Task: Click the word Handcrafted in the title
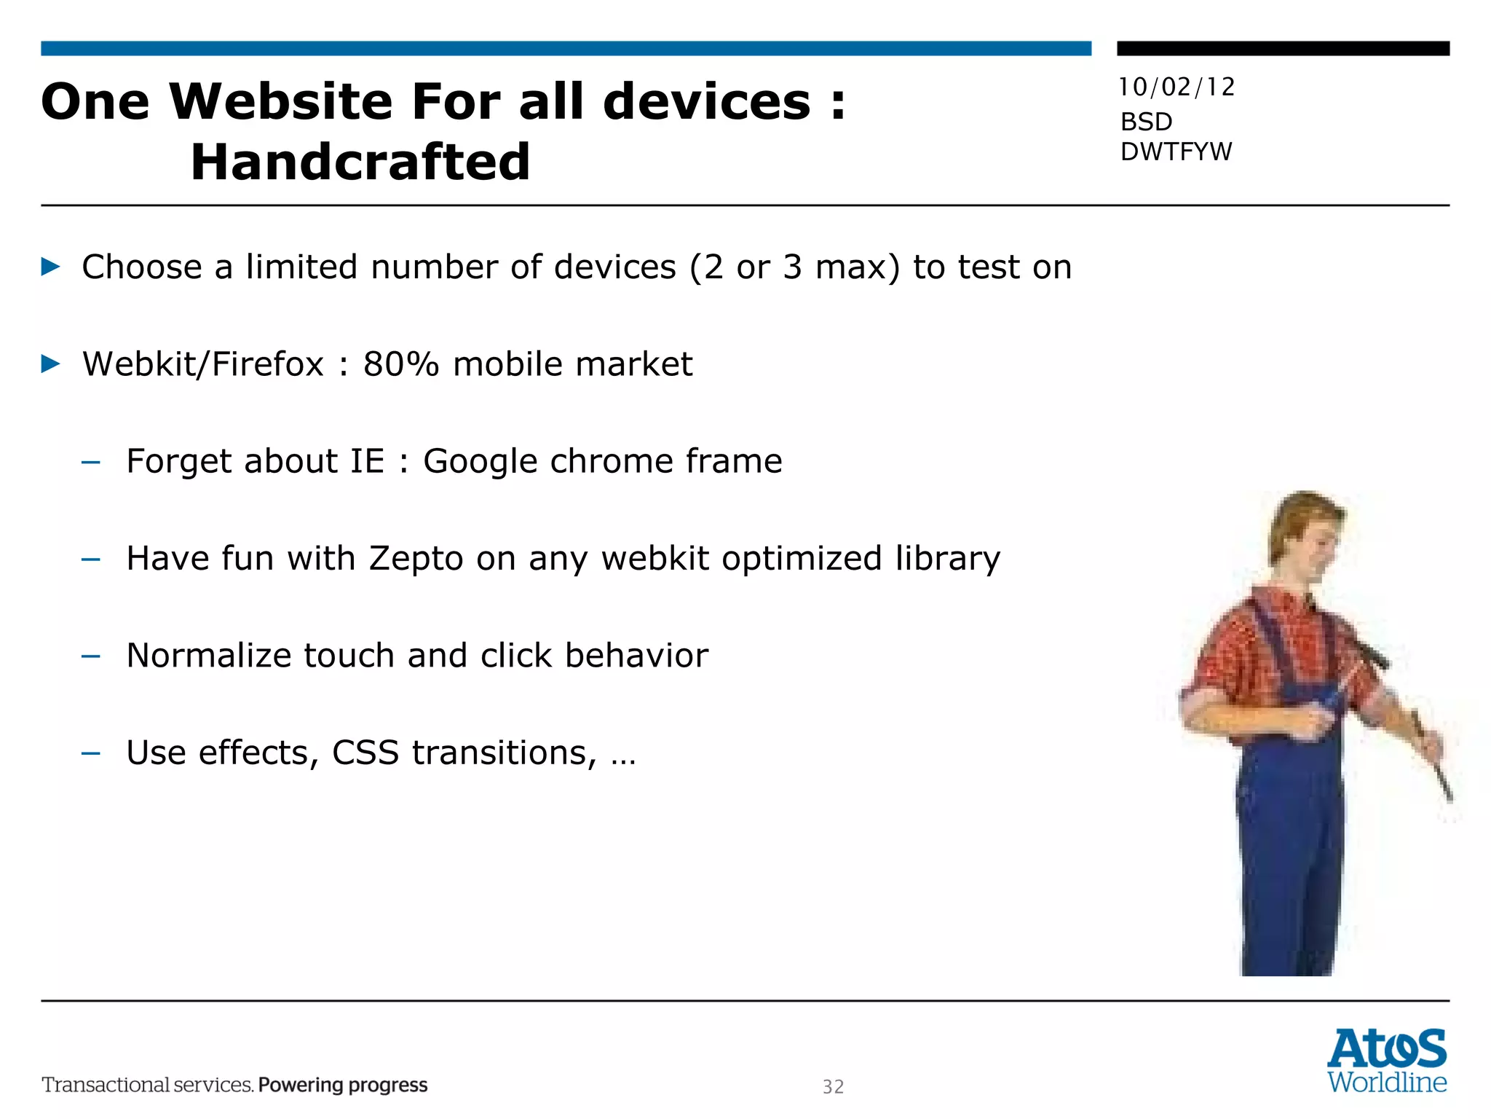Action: (360, 162)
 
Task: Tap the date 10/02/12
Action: (1176, 87)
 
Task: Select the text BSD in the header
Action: (1146, 122)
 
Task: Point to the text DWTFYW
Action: (1176, 152)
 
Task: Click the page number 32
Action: (833, 1087)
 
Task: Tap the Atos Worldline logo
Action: (1387, 1061)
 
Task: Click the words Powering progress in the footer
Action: (343, 1085)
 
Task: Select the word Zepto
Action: (416, 559)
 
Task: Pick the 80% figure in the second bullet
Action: (401, 364)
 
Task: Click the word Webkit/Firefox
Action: (203, 364)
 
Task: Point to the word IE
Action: (367, 461)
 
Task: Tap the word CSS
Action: (365, 753)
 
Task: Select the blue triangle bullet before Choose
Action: (51, 267)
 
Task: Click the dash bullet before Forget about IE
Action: (91, 462)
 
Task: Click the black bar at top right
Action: (1283, 49)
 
